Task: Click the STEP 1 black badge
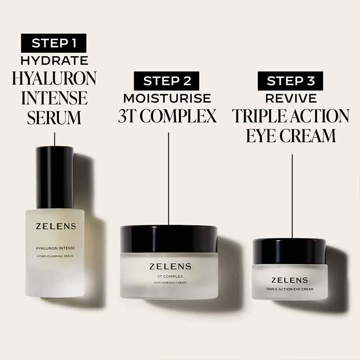pos(54,43)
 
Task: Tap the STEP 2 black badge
pos(167,81)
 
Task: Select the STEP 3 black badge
pos(291,81)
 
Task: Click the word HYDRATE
pos(54,61)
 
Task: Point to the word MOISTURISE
pos(167,98)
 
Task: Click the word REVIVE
pos(291,98)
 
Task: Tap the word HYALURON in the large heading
pos(54,78)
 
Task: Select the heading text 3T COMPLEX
pos(167,116)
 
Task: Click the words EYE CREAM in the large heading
pos(291,135)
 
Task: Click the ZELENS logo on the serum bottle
pos(54,226)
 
